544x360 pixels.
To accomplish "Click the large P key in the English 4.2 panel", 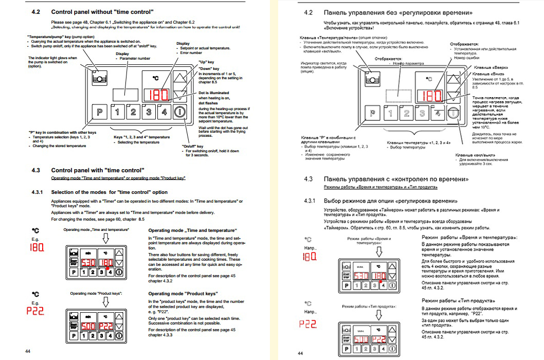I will (x=99, y=112).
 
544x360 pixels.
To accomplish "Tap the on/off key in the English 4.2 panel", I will (x=179, y=112).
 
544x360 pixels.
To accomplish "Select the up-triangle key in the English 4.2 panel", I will (x=179, y=78).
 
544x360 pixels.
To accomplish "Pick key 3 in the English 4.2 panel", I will (x=149, y=112).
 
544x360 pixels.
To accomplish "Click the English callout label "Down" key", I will (x=209, y=68).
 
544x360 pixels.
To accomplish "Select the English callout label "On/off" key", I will (x=193, y=146).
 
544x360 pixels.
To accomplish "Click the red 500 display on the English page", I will (x=88, y=327).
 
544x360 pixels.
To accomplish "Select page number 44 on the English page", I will (x=28, y=350).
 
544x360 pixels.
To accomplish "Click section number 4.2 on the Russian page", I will (x=309, y=12).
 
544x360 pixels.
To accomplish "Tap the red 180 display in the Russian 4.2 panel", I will (x=430, y=96).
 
